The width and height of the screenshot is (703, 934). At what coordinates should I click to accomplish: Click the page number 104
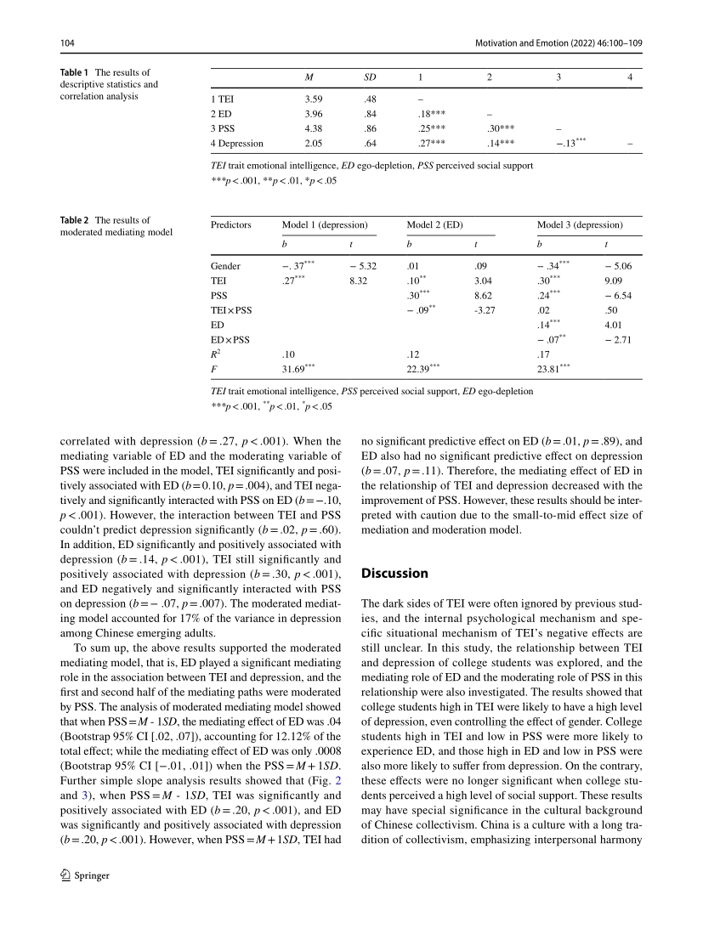[x=67, y=42]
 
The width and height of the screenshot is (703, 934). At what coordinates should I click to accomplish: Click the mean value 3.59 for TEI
[x=313, y=99]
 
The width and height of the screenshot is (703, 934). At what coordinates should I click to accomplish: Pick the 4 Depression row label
[x=237, y=143]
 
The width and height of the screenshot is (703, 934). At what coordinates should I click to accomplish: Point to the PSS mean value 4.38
[x=313, y=128]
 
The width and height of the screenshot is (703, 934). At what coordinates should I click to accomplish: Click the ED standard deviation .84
[x=369, y=113]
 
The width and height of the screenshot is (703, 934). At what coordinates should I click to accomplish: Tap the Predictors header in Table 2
[x=231, y=225]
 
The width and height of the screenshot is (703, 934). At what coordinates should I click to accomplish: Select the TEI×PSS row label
[x=231, y=309]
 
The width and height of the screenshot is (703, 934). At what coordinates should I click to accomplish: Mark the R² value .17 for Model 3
[x=544, y=354]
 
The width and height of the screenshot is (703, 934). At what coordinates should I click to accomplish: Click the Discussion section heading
[x=394, y=573]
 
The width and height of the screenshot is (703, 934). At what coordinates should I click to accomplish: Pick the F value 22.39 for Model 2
[x=423, y=368]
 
